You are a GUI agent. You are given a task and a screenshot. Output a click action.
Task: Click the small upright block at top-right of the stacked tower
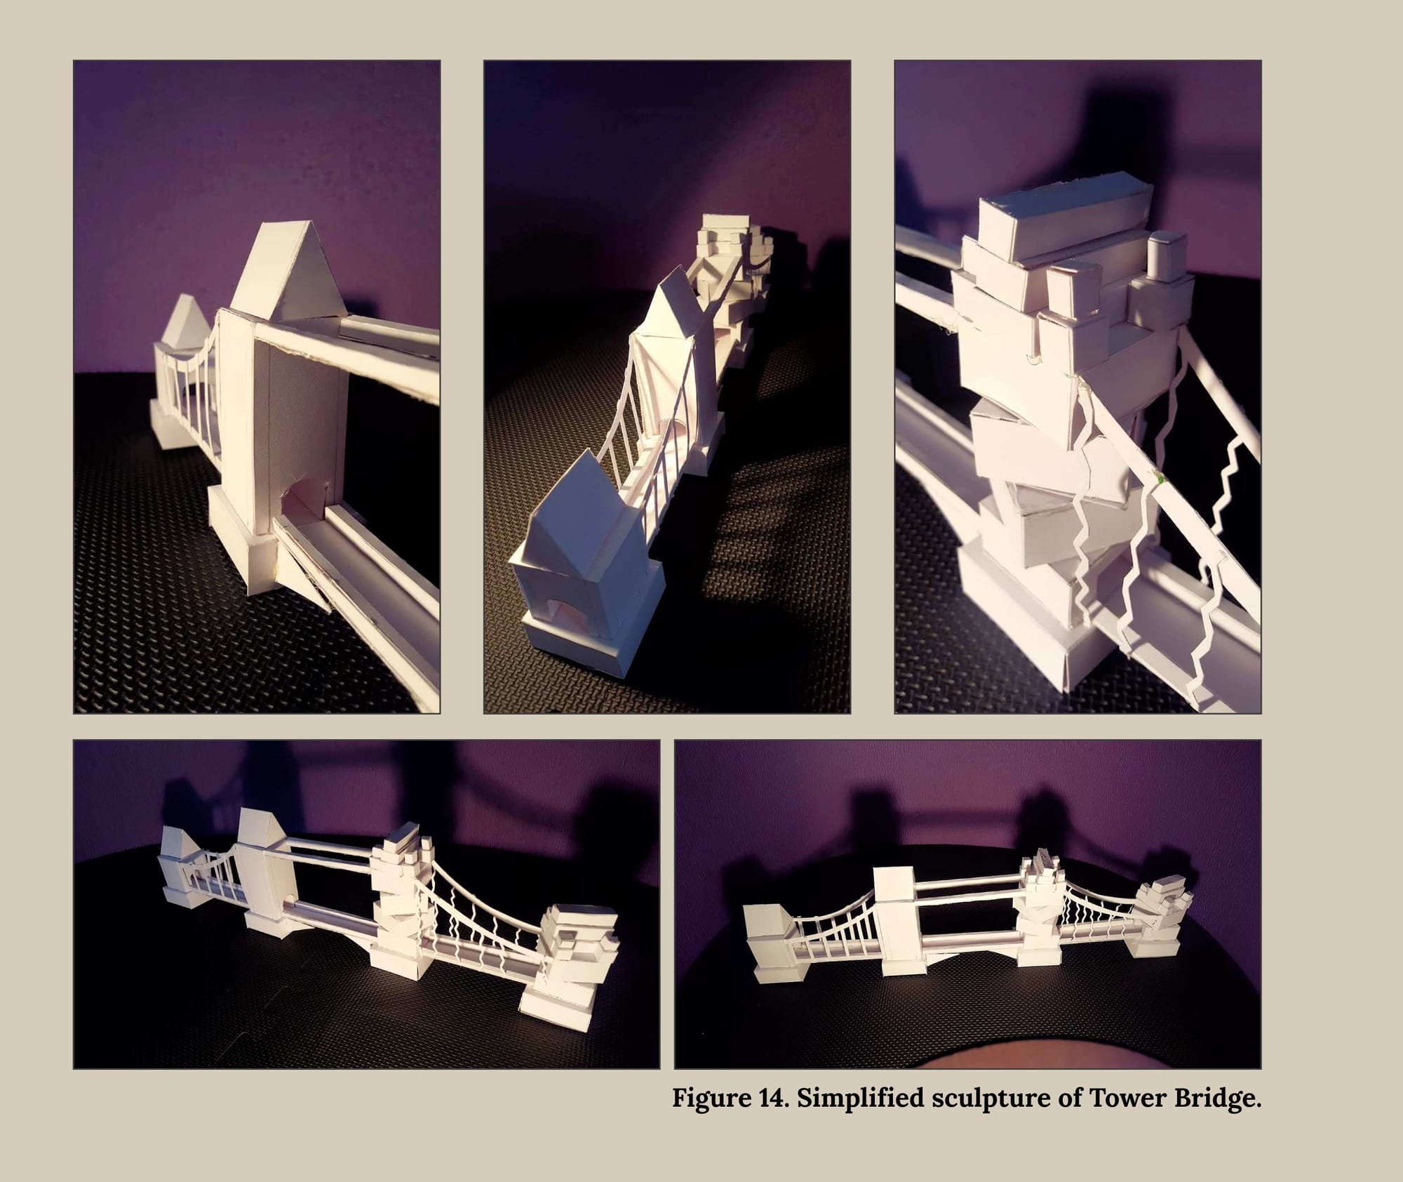tap(1167, 259)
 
